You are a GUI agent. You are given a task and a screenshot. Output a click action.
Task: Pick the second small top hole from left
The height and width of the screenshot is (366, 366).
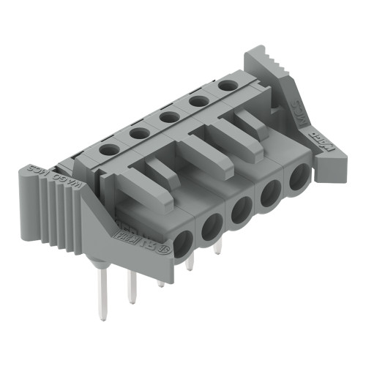click(x=137, y=132)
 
